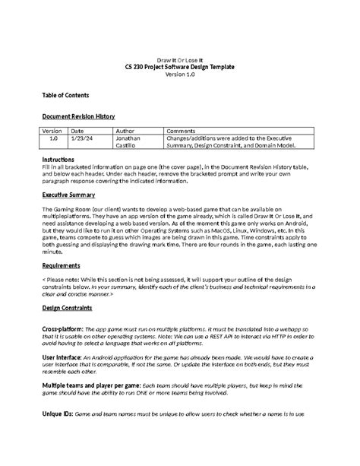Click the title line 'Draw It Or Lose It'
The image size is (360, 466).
coord(180,59)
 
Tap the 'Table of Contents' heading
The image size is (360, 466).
coord(65,96)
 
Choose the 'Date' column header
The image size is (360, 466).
coord(77,131)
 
